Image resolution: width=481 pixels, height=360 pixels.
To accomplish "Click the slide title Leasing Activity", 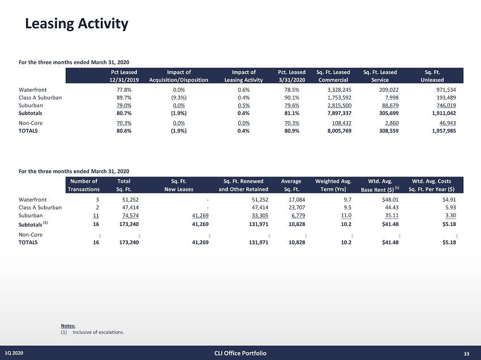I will [x=76, y=24].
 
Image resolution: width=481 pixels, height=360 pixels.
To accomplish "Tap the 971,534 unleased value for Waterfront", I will [x=441, y=89].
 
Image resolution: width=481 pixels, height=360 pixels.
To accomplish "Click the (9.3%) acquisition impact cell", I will [x=178, y=97].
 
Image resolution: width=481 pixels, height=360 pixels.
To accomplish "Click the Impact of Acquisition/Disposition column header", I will [x=179, y=76].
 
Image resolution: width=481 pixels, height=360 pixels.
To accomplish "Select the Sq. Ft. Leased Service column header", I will [x=380, y=76].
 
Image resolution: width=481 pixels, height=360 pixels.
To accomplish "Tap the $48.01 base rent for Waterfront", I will [x=393, y=199].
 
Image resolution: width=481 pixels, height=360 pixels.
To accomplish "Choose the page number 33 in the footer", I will [x=466, y=354].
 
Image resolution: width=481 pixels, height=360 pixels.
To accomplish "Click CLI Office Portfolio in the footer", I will [x=240, y=354].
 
